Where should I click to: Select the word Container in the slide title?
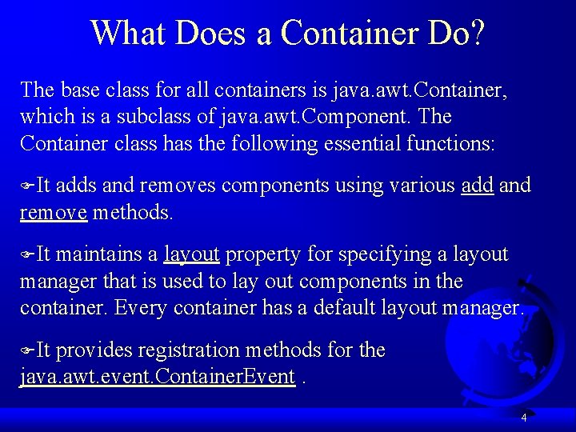346,33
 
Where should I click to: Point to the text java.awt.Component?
315,117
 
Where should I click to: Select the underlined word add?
478,186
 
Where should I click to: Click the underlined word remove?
53,213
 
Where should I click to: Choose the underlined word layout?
191,254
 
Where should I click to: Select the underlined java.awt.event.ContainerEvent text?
158,378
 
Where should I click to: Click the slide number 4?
524,418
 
